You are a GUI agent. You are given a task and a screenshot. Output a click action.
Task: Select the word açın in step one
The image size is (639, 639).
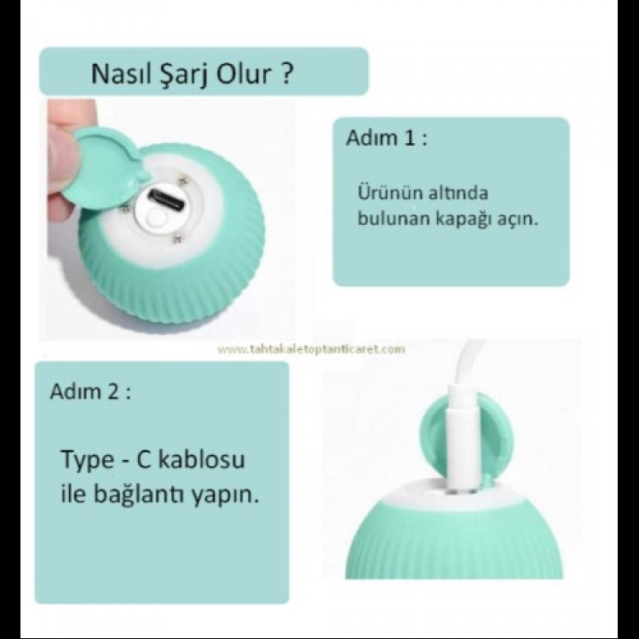[x=525, y=218]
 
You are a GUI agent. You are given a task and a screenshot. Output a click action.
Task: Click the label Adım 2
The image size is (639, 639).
[x=91, y=393]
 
